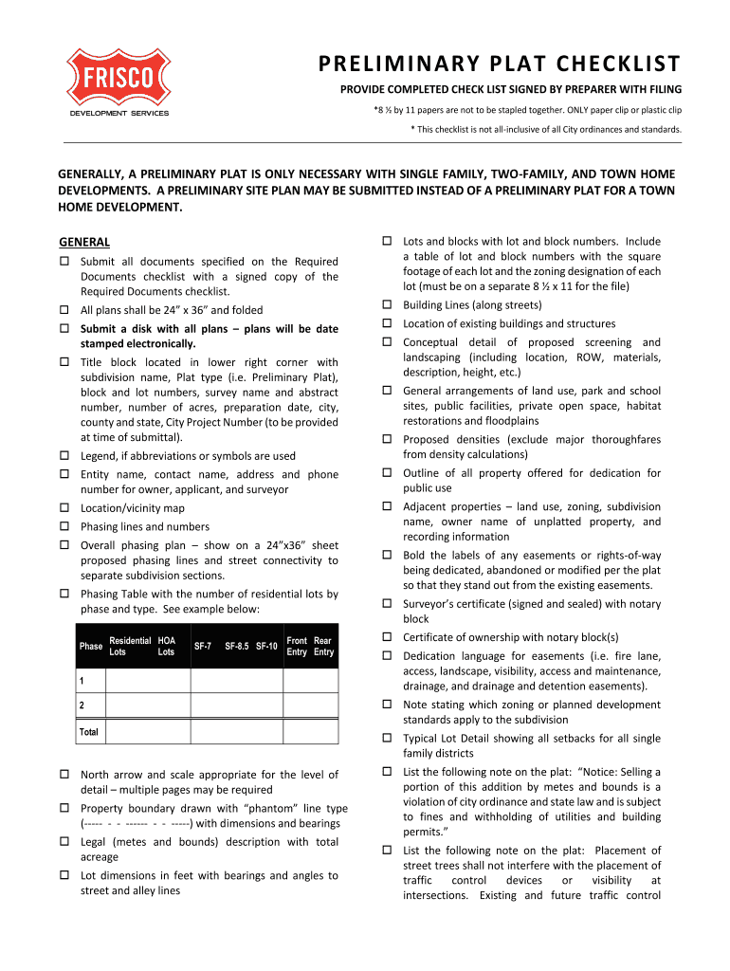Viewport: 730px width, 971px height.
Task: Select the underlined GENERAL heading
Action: pos(84,242)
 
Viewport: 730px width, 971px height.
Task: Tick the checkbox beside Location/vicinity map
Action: pos(65,508)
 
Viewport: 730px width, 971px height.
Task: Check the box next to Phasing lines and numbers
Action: pos(65,526)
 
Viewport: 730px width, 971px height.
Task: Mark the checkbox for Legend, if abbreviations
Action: pos(65,456)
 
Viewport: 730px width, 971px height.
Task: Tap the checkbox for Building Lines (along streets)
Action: pos(388,305)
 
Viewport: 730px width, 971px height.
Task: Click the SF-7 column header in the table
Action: pos(202,647)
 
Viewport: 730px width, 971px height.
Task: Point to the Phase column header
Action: pos(91,647)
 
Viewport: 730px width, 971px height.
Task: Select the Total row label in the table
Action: pos(89,732)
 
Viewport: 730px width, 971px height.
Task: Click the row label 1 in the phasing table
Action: pos(82,681)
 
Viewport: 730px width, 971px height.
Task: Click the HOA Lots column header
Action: pos(166,647)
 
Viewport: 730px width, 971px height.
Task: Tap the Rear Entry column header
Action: pos(323,647)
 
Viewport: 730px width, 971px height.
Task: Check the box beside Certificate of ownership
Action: pos(388,637)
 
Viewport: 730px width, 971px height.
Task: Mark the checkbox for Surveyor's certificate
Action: pos(388,603)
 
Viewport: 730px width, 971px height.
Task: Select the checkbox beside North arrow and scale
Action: pos(65,775)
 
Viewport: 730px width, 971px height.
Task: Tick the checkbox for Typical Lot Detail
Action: pos(388,738)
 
